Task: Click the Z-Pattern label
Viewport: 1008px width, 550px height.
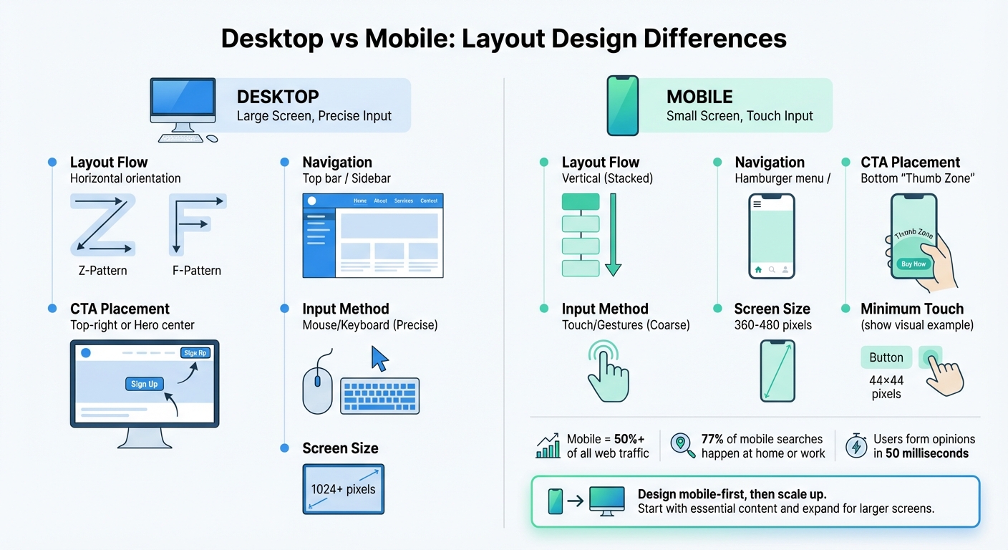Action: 102,271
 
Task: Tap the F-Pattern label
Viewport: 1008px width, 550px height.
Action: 197,271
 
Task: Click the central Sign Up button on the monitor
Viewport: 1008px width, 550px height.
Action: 144,384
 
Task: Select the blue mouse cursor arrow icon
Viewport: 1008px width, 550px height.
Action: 379,358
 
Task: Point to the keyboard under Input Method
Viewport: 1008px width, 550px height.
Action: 380,396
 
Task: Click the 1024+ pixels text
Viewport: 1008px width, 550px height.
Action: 343,490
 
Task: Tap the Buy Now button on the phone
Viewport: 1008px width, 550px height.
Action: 913,264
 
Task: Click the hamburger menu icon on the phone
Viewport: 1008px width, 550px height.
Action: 757,204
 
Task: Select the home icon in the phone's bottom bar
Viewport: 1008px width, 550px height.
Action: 758,270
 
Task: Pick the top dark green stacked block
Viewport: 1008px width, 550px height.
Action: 581,202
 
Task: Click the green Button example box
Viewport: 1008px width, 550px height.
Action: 886,357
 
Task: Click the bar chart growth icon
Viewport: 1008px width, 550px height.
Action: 548,446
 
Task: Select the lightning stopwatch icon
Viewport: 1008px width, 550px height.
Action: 856,445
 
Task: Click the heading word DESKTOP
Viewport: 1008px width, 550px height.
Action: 278,97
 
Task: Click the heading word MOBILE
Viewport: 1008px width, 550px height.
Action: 699,97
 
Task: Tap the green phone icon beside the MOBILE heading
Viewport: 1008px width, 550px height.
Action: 622,105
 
